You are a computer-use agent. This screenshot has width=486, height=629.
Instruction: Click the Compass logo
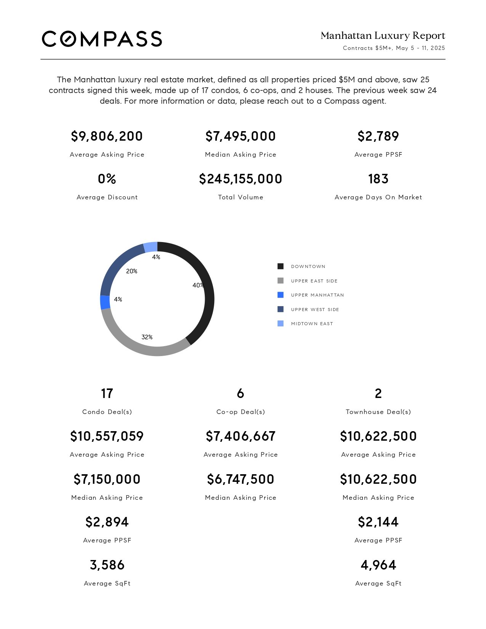(x=102, y=39)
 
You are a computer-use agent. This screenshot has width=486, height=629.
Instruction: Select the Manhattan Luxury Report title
(x=383, y=35)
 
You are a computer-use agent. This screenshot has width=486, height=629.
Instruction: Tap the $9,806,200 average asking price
(x=107, y=136)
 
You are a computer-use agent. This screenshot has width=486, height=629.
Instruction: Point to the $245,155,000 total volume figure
(x=241, y=179)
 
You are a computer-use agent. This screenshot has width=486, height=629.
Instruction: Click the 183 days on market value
(x=379, y=179)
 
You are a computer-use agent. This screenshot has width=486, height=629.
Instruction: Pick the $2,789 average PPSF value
(x=379, y=136)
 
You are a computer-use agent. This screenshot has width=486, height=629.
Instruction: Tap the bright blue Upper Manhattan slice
(x=105, y=302)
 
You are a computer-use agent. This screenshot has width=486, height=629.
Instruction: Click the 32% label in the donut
(x=147, y=337)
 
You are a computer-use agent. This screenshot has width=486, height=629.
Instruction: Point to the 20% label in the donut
(x=132, y=271)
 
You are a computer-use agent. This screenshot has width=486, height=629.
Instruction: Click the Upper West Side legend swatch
(x=281, y=309)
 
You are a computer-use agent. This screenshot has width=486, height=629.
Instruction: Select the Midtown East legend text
(x=312, y=324)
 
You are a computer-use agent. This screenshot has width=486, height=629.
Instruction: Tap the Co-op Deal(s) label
(x=241, y=412)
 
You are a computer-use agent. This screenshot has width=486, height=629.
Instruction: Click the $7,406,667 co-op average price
(x=241, y=436)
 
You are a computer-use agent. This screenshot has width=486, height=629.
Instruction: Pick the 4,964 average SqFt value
(x=379, y=565)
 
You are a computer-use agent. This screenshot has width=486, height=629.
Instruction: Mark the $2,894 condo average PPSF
(x=107, y=522)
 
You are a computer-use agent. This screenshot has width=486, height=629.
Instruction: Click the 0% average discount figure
(x=107, y=179)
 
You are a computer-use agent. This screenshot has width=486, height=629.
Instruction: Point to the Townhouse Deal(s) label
(x=379, y=412)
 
